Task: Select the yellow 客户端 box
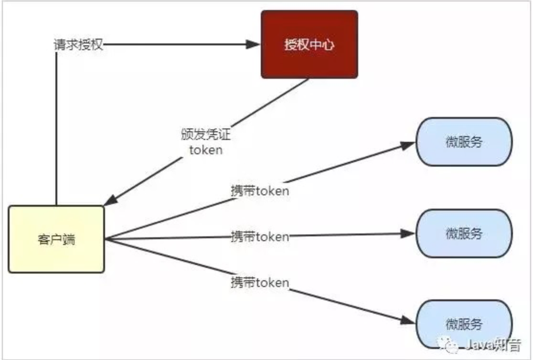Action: click(56, 239)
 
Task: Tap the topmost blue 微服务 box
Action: click(464, 142)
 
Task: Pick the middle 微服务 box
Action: click(464, 233)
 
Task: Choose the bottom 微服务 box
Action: click(464, 324)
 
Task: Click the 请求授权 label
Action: click(78, 45)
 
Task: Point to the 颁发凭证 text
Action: click(205, 135)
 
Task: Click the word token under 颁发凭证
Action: click(206, 150)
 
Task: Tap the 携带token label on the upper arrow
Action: click(260, 191)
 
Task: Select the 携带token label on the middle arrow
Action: click(260, 236)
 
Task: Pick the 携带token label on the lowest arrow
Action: click(260, 282)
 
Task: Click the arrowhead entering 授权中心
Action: click(253, 44)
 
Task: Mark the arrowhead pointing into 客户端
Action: click(109, 201)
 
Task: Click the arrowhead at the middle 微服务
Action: click(408, 233)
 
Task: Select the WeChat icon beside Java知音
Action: click(450, 345)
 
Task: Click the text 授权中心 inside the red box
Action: click(309, 45)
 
